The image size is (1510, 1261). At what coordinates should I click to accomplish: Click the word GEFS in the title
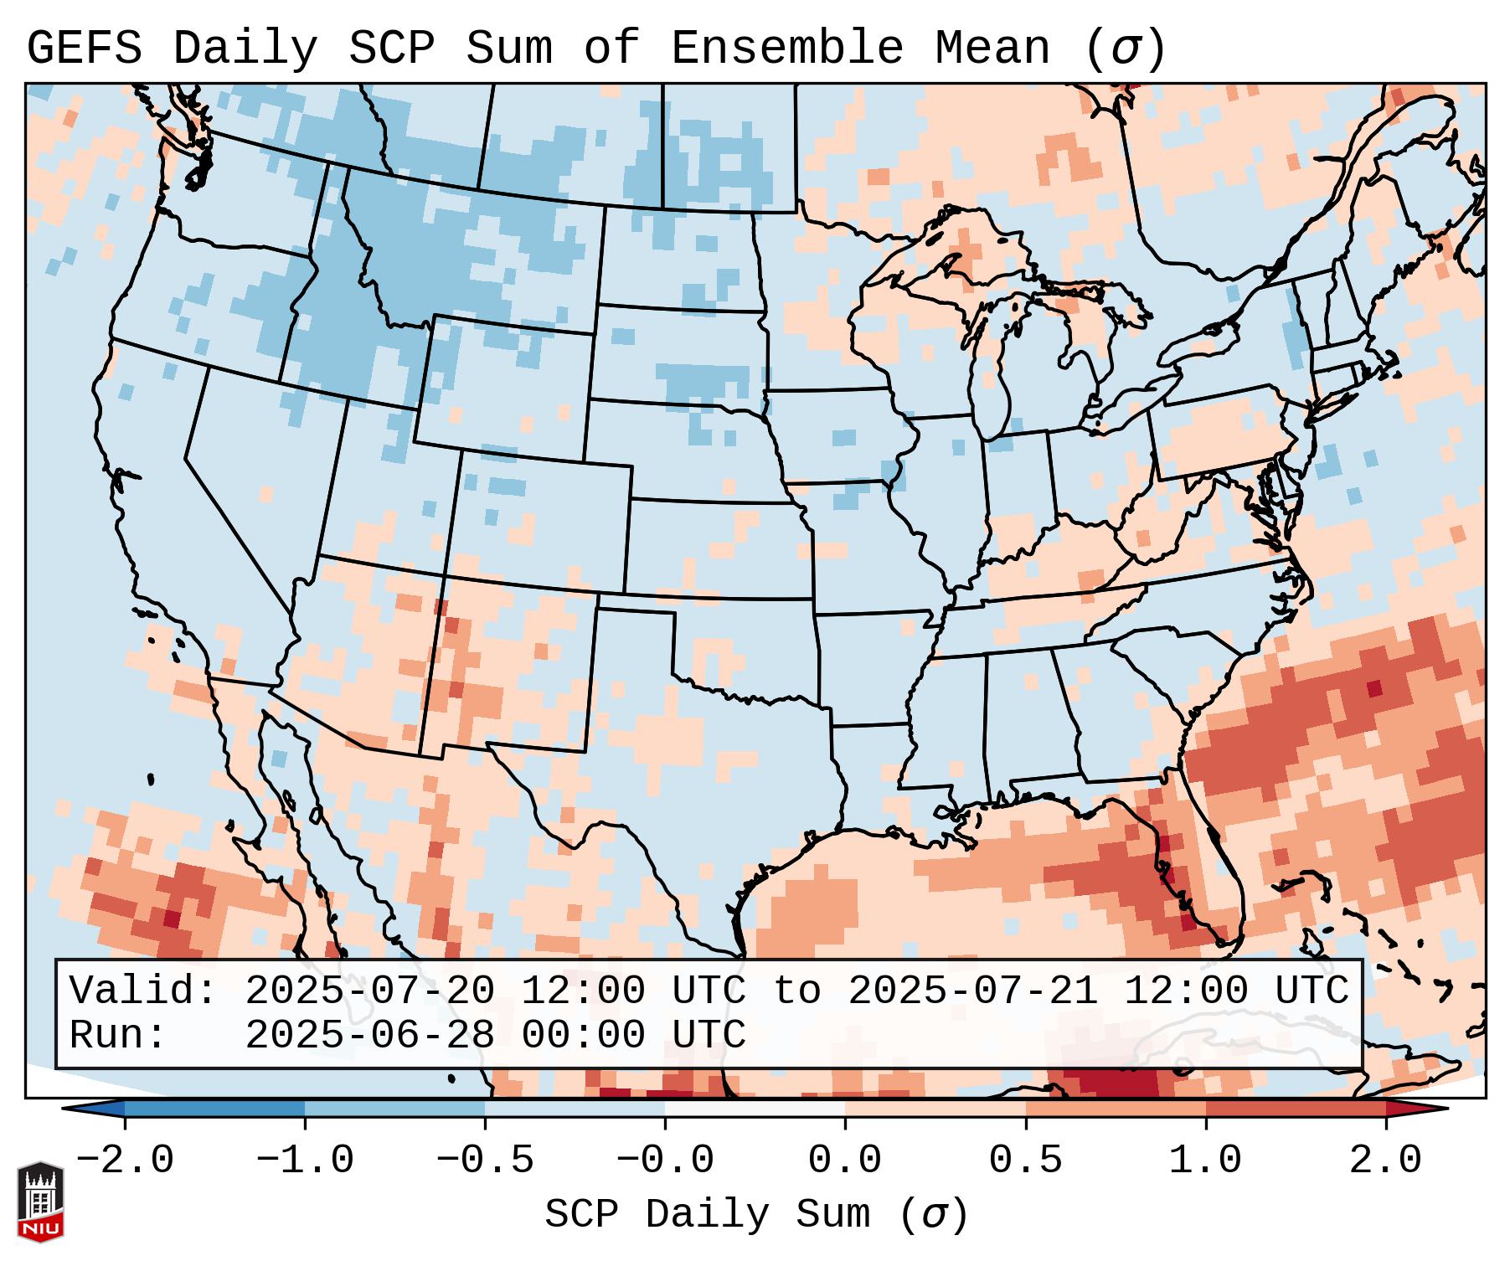coord(84,49)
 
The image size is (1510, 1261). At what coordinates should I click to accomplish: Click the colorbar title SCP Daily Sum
coord(708,1215)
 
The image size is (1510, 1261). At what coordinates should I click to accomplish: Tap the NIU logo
coord(40,1202)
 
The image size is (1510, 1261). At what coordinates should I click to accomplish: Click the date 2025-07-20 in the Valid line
coord(369,991)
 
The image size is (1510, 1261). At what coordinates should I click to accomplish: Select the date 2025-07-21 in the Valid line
coord(972,991)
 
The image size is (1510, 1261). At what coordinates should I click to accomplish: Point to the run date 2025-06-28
coord(369,1036)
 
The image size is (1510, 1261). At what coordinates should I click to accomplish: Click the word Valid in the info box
coord(143,991)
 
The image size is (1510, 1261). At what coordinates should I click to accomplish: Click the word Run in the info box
coord(117,1036)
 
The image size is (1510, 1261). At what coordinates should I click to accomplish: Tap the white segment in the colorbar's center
coord(755,1109)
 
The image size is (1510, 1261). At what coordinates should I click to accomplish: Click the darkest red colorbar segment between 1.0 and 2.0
coord(1296,1109)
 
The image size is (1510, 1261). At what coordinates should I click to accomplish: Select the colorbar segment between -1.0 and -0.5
coord(394,1109)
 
